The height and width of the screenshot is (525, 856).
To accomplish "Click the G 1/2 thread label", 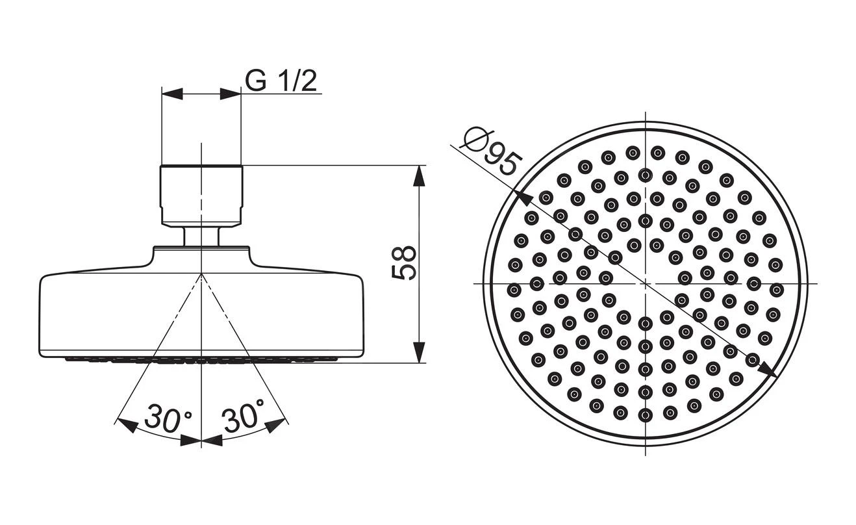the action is [x=281, y=81].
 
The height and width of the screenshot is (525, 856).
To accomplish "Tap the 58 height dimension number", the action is [x=404, y=263].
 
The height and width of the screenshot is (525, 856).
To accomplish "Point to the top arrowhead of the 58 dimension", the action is [x=419, y=175].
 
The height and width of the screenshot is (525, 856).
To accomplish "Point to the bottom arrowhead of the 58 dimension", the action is [x=419, y=352].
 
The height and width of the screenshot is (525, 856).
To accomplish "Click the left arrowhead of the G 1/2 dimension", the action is [x=172, y=94].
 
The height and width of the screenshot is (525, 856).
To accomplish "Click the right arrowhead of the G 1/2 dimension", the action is [x=231, y=94].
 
